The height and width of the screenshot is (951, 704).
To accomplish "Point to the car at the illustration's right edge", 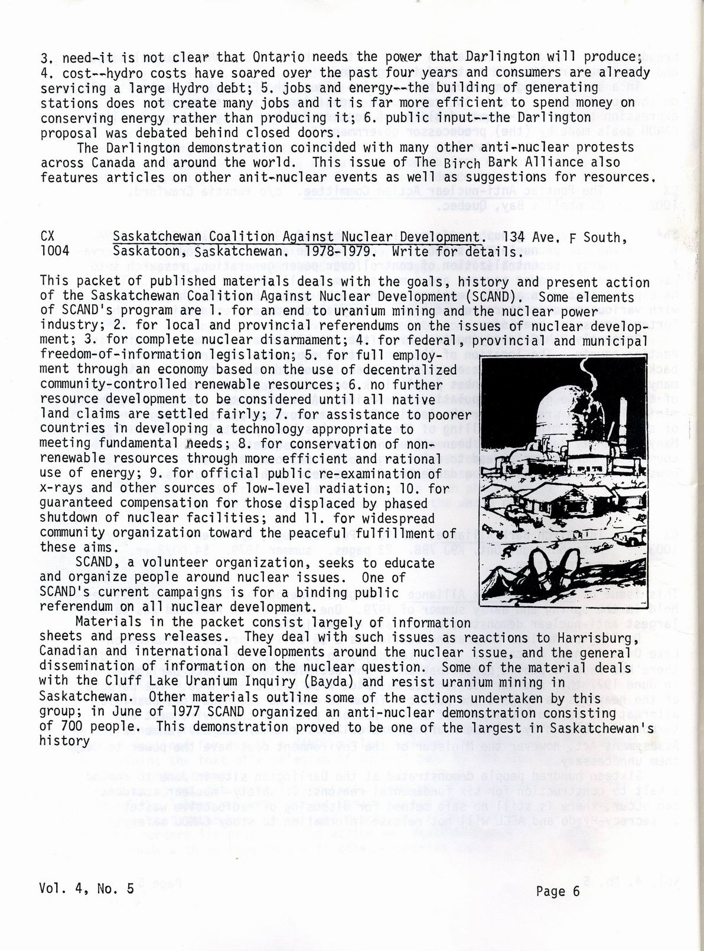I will (x=633, y=538).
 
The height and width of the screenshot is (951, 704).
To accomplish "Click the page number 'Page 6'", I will (x=558, y=891).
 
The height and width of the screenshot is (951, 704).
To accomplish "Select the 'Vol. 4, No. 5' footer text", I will (x=87, y=888).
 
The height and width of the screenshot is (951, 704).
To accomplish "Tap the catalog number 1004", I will (x=54, y=251).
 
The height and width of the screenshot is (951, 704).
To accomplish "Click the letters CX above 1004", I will (x=48, y=236).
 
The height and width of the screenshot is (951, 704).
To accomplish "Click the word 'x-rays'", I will (x=62, y=488).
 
